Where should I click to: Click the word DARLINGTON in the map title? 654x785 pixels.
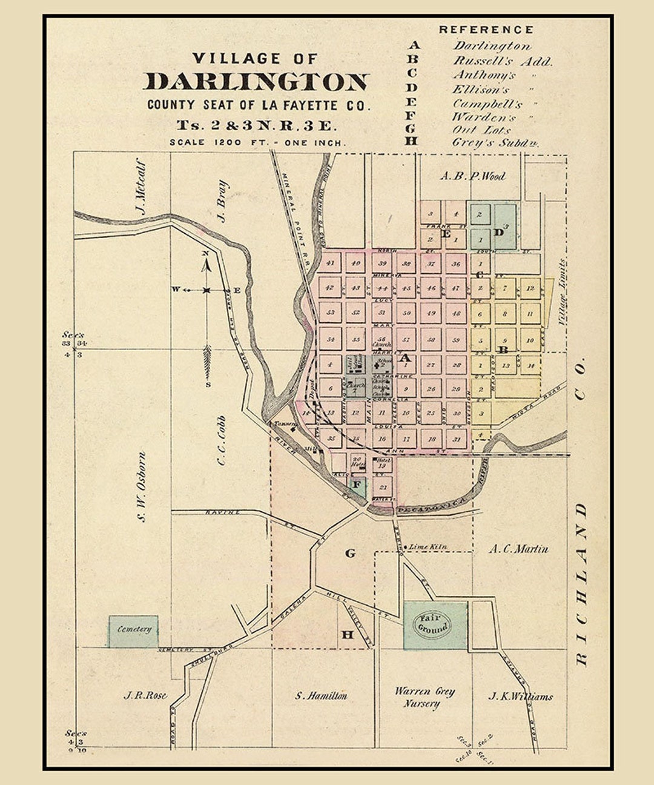[256, 82]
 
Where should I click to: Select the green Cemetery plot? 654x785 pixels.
[134, 631]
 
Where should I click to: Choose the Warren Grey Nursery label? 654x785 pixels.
[424, 697]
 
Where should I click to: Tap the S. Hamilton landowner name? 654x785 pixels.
[321, 696]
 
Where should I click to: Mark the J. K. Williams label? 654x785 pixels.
[520, 697]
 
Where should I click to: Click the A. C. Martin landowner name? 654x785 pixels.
[518, 549]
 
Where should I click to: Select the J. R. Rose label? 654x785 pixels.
[145, 695]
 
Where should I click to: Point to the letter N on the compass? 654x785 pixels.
[206, 254]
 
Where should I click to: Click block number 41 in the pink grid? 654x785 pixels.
[330, 263]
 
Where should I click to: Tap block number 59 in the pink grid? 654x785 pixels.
[457, 340]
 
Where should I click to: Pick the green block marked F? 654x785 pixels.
[357, 485]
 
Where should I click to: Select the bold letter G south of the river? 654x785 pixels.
[350, 552]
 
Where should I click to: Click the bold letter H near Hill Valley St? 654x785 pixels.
[348, 635]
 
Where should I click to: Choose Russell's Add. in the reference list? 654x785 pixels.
[503, 61]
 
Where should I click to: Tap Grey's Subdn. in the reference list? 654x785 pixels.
[495, 143]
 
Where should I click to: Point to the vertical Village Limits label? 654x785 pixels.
[561, 293]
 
